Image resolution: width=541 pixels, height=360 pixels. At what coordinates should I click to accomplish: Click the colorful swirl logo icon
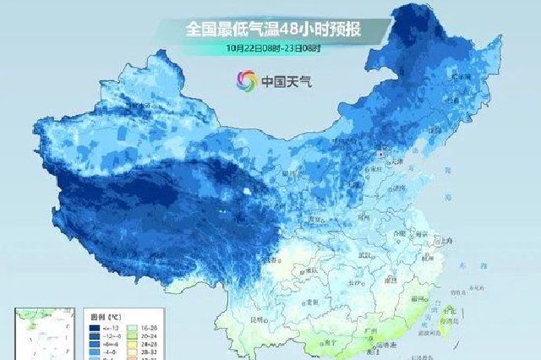coord(247,82)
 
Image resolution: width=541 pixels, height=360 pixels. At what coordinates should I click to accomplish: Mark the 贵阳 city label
coord(314,302)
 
